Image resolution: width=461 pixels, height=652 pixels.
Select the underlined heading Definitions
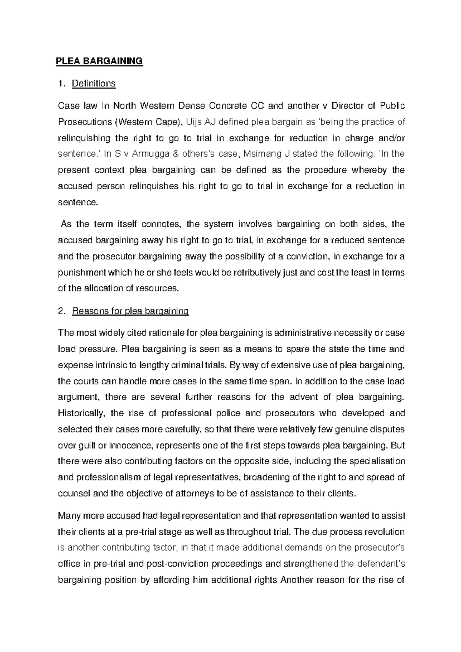[x=94, y=83]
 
